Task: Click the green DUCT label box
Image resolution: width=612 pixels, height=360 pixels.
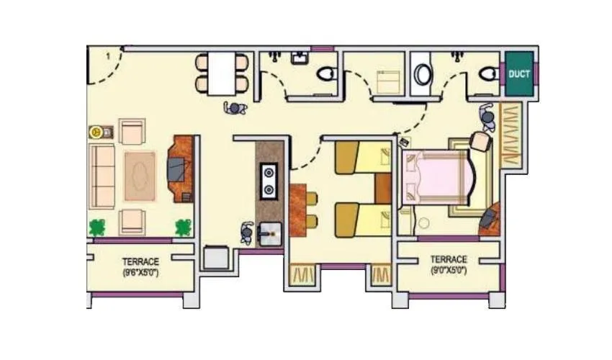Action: (x=519, y=74)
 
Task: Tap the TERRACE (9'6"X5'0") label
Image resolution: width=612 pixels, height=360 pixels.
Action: (x=140, y=267)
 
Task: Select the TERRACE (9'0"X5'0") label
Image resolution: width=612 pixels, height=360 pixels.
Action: (x=449, y=264)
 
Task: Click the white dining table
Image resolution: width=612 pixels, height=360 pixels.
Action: (x=222, y=73)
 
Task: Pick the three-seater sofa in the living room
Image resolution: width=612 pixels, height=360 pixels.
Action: (x=102, y=176)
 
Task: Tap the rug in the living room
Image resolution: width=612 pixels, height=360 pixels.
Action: (x=140, y=176)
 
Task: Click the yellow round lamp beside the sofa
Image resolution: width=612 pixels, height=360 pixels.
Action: (x=95, y=132)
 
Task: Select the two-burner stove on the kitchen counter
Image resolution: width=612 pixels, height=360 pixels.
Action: (x=269, y=181)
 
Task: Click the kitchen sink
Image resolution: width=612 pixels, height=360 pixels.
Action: (x=269, y=232)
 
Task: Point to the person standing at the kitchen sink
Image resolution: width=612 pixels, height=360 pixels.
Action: (x=247, y=233)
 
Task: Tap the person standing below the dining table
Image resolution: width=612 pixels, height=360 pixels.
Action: (x=235, y=108)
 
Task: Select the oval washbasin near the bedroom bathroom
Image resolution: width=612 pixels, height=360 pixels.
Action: (x=423, y=75)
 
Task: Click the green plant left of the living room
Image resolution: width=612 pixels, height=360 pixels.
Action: (x=96, y=228)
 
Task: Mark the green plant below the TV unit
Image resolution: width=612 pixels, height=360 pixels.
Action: (x=184, y=228)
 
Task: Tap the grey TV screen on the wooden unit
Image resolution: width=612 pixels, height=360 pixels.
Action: (x=176, y=170)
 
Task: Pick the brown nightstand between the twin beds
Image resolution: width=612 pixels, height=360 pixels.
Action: (x=382, y=189)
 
